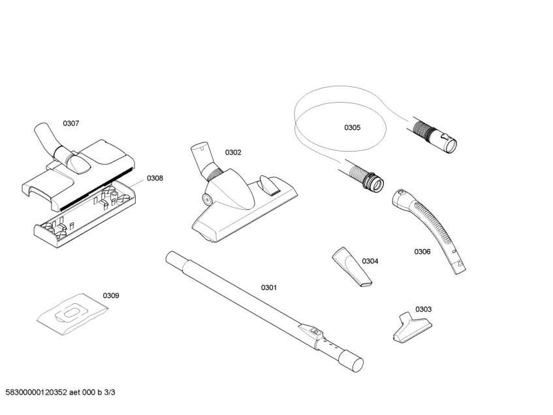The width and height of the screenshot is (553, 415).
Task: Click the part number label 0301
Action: (x=269, y=288)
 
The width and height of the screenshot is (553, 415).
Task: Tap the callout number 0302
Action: (x=233, y=152)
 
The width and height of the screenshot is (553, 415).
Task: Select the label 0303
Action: (x=423, y=309)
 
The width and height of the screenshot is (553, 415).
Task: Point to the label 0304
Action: (x=370, y=261)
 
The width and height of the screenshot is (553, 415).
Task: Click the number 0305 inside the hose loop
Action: (x=352, y=127)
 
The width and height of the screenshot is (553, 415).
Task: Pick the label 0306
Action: (x=422, y=252)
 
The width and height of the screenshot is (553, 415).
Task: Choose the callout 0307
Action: (x=71, y=123)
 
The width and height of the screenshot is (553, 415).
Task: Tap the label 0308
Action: (x=155, y=178)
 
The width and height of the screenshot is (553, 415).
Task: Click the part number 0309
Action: (x=111, y=295)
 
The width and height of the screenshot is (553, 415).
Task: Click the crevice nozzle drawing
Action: (x=353, y=267)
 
